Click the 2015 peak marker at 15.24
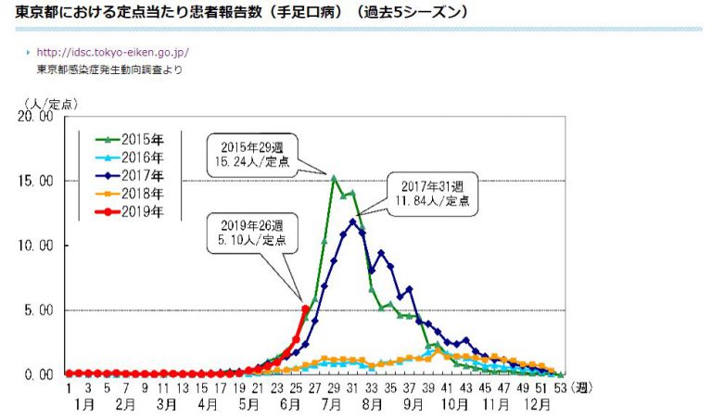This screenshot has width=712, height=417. coord(334,177)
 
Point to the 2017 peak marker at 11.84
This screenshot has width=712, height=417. coord(353,221)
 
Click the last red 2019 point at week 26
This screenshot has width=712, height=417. coord(305,309)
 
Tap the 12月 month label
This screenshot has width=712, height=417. coord(538,405)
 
